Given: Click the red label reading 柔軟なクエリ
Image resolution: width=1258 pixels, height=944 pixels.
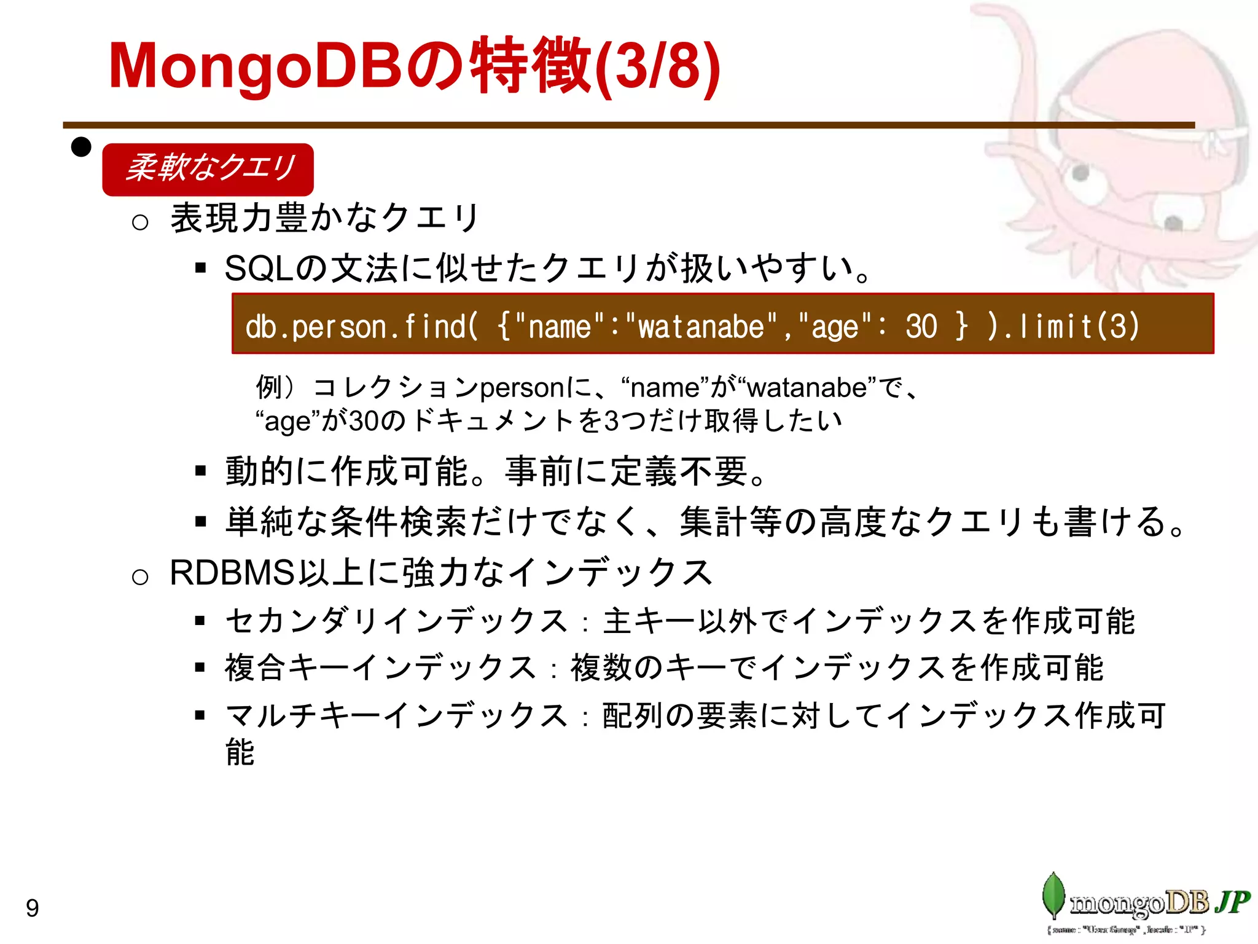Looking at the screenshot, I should pyautogui.click(x=208, y=168).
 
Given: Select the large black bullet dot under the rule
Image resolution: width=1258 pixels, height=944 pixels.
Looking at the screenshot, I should pyautogui.click(x=81, y=147).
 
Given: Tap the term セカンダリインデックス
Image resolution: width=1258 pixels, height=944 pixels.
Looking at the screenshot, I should pyautogui.click(x=396, y=621).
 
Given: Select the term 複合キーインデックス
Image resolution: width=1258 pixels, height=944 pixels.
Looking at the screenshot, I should pyautogui.click(x=381, y=668).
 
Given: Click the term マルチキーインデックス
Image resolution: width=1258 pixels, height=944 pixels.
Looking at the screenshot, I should pyautogui.click(x=396, y=715).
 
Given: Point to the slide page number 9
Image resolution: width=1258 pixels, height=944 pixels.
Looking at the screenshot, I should pyautogui.click(x=33, y=908).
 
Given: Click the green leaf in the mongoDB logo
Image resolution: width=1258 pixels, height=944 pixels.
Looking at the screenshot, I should pyautogui.click(x=1054, y=895).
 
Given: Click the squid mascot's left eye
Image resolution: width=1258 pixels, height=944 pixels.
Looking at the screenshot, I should pyautogui.click(x=1080, y=174).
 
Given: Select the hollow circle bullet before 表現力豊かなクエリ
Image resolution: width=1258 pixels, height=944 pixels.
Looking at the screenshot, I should pyautogui.click(x=140, y=222).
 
